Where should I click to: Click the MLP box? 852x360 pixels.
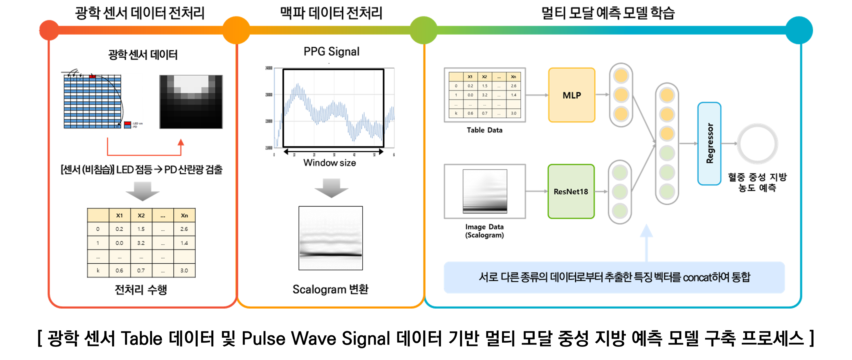[571, 95]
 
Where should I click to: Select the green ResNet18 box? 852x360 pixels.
[571, 191]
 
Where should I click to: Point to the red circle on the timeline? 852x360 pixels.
[49, 30]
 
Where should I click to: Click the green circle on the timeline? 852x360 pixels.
[423, 30]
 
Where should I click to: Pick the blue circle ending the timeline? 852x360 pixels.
[799, 30]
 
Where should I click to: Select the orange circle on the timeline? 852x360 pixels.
[236, 30]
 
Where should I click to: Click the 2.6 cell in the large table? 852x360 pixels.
[184, 229]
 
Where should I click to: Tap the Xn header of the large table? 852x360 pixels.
[184, 215]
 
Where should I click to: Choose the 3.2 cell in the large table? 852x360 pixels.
[141, 243]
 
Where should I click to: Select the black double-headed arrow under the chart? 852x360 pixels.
[333, 152]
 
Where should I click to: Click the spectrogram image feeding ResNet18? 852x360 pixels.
[485, 191]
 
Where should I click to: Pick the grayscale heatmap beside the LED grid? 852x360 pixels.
[191, 101]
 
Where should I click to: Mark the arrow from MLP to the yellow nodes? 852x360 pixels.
[602, 95]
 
